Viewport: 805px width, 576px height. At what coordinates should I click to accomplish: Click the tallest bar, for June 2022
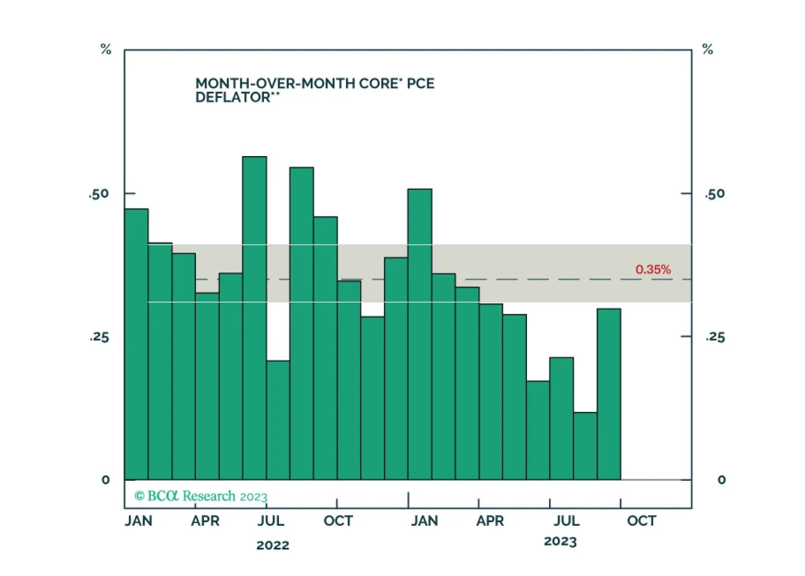click(254, 317)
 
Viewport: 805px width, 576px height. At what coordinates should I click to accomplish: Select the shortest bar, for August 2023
click(585, 446)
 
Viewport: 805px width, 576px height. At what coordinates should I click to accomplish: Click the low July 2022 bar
click(278, 420)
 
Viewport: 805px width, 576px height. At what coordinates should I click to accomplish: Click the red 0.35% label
click(653, 269)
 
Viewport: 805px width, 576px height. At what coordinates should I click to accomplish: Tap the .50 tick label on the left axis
click(99, 194)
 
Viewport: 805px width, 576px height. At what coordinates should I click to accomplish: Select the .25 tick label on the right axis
click(715, 337)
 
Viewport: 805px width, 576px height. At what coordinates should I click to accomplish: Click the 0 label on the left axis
click(105, 480)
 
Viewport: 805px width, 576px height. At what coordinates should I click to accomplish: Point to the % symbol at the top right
click(707, 49)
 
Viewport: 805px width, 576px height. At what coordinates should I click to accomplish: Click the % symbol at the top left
click(106, 49)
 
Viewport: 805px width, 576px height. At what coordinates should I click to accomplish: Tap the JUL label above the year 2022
click(271, 521)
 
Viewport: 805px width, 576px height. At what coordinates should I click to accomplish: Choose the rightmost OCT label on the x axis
click(641, 521)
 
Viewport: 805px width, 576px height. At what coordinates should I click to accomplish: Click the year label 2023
click(560, 542)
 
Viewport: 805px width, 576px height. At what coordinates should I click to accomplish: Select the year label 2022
click(273, 545)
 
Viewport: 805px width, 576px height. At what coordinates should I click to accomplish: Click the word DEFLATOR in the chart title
click(233, 97)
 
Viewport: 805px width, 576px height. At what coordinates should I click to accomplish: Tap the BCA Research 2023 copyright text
click(201, 496)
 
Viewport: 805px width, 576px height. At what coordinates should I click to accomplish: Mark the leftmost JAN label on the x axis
click(139, 521)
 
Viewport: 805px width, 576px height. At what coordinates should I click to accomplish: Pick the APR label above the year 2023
click(490, 521)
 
